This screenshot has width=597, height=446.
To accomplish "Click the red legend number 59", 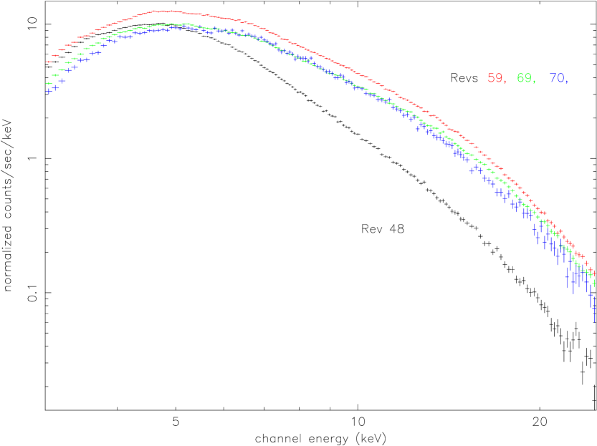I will click(495, 79).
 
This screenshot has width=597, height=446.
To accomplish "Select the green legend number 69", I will click(524, 79).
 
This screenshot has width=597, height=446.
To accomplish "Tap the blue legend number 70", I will click(556, 79).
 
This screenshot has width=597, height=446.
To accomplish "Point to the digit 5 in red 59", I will click(491, 79).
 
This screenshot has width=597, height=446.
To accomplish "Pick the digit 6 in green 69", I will click(520, 79).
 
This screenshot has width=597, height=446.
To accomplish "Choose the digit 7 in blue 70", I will click(553, 79).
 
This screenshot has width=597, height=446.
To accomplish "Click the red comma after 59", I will click(505, 82).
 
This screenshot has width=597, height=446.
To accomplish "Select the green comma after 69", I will click(534, 82).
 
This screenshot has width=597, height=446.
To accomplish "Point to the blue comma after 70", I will click(566, 82).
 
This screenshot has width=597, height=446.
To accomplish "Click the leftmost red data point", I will click(49, 62).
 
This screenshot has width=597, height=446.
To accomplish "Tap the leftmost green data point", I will click(49, 84).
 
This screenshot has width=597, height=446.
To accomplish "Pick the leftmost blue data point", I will click(49, 91).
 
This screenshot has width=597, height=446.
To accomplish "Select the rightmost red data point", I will click(592, 273).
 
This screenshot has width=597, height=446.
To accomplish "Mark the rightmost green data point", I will click(593, 283).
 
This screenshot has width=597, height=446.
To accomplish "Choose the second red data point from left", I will click(55, 56).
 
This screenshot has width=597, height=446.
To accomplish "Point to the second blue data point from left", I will click(55, 87).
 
